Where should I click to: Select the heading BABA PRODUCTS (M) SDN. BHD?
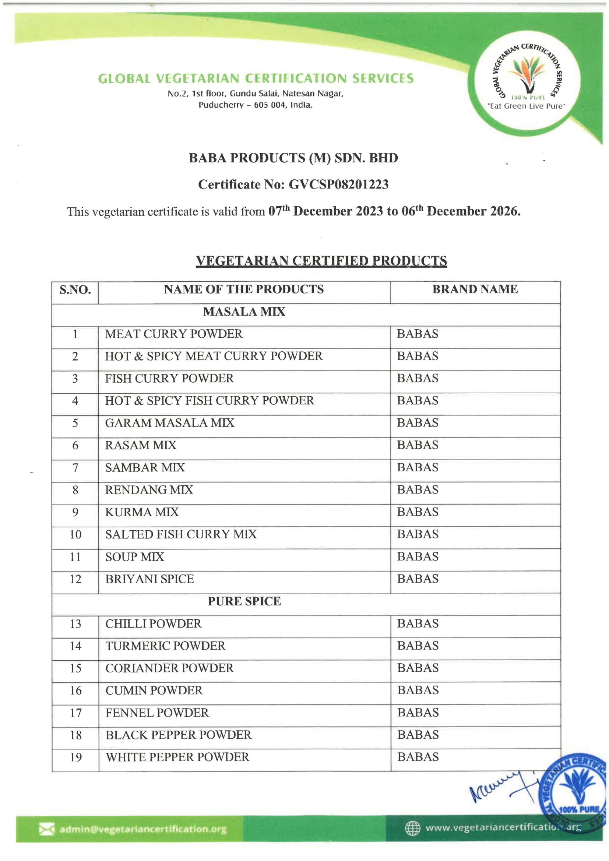(x=293, y=158)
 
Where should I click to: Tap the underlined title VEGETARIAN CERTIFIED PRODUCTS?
(x=321, y=261)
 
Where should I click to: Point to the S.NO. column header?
(x=75, y=289)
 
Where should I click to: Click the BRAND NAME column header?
(x=475, y=289)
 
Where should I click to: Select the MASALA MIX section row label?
(x=244, y=312)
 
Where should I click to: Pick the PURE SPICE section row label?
(x=244, y=601)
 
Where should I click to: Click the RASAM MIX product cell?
(x=141, y=445)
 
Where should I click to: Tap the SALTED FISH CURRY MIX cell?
(x=181, y=534)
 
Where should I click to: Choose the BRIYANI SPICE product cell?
(x=149, y=579)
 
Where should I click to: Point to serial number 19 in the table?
(x=76, y=757)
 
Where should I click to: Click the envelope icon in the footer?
(x=46, y=829)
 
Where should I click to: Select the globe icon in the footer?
(x=412, y=828)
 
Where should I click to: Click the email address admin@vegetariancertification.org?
(x=143, y=829)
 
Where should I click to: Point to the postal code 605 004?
(x=270, y=105)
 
